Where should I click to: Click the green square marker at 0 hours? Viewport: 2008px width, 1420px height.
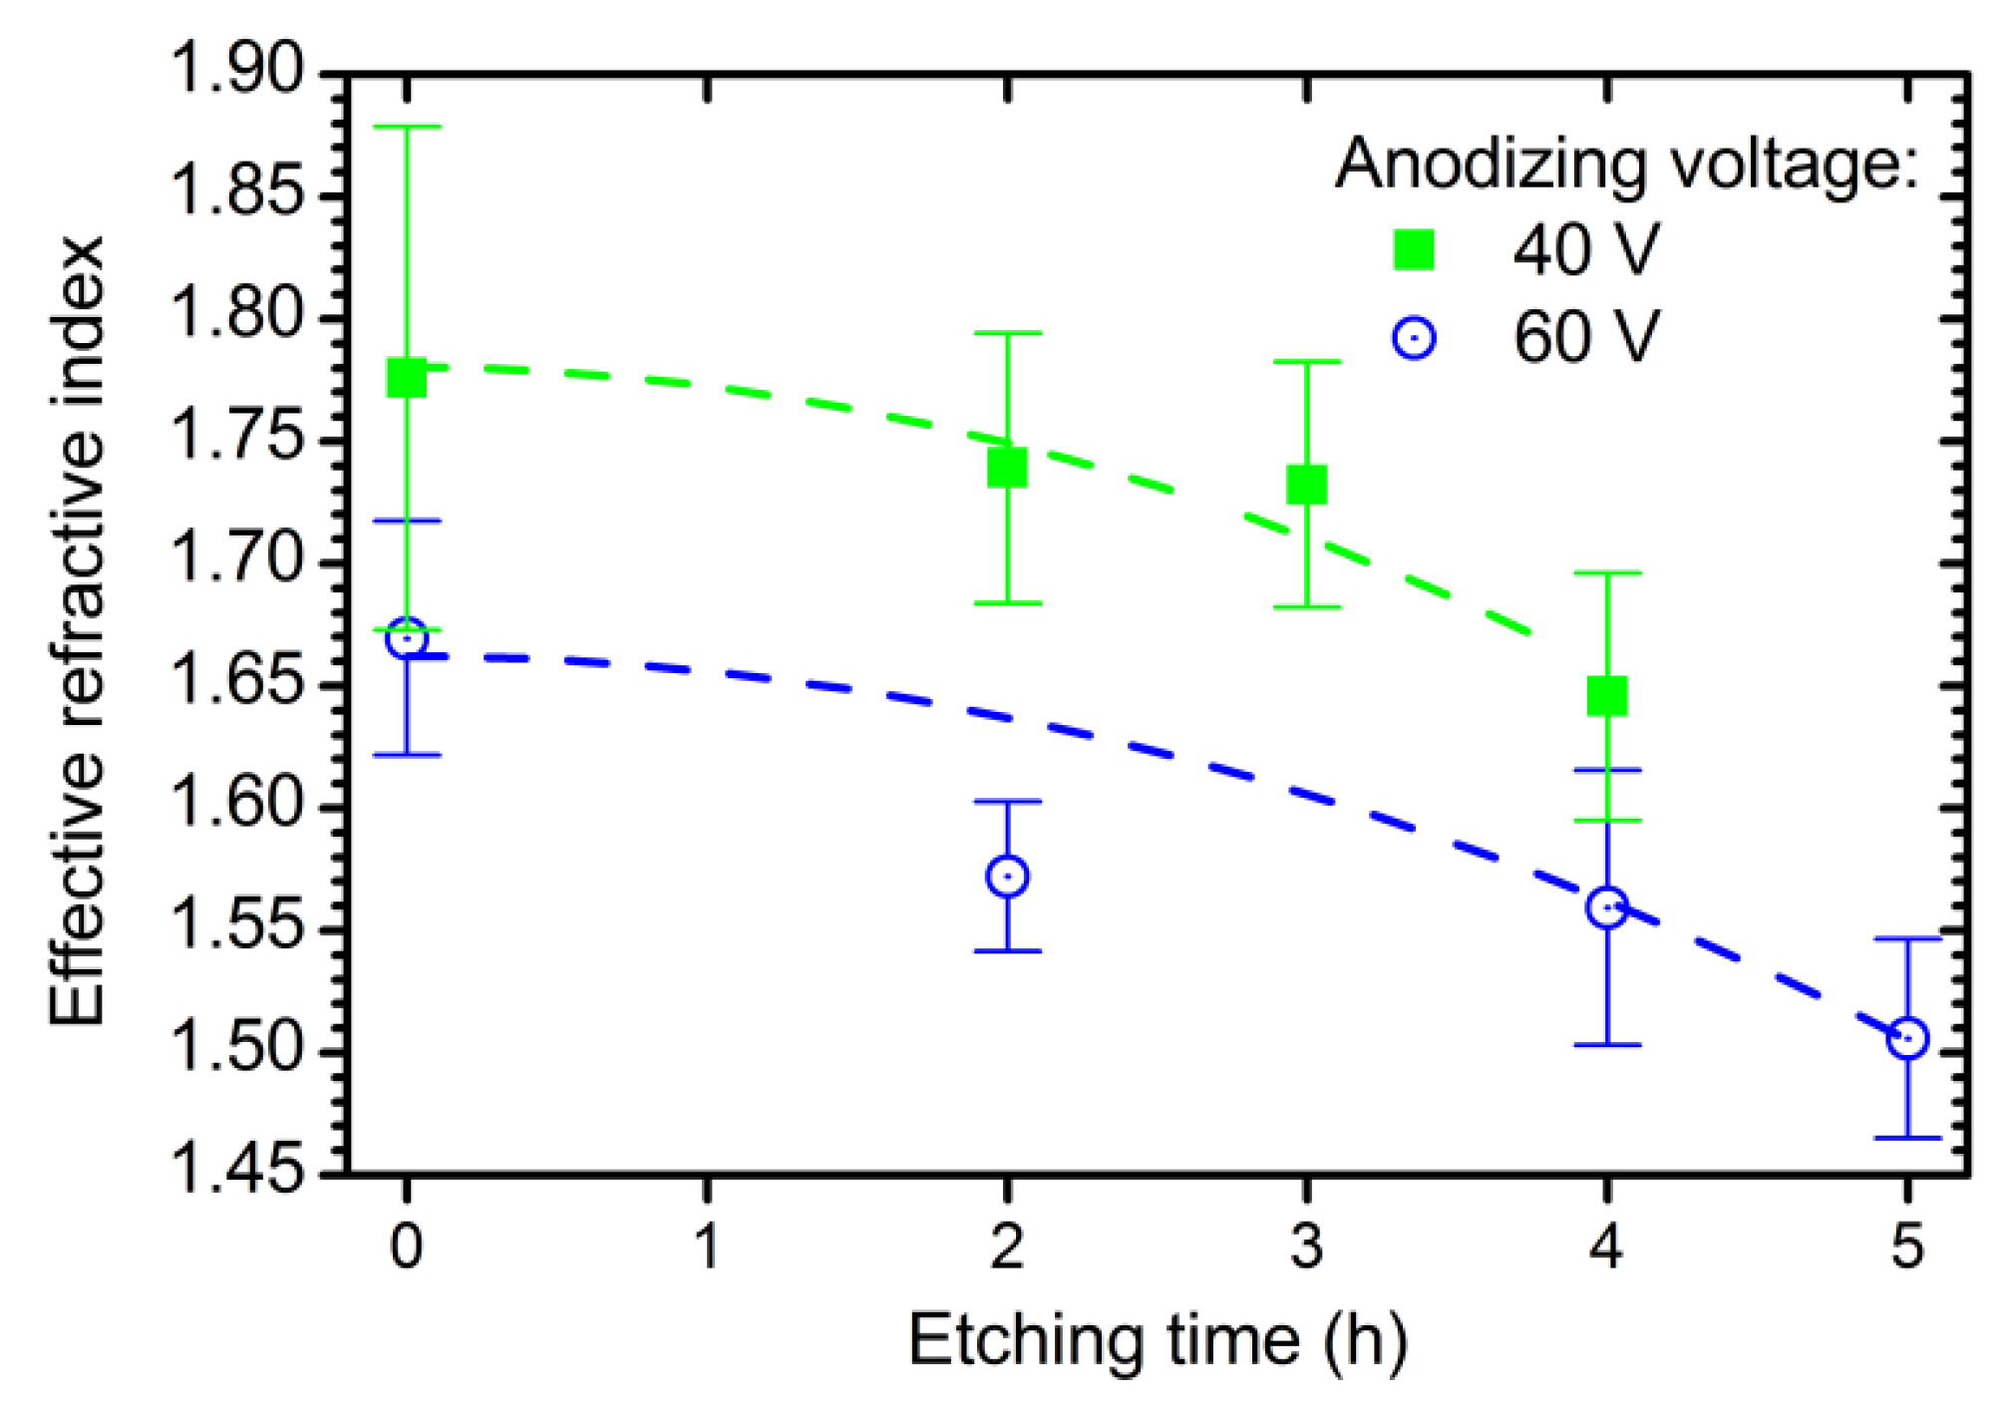[406, 379]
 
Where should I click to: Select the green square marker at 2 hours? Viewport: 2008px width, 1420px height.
[1007, 467]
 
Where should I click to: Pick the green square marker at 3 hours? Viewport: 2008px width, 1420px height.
[1307, 486]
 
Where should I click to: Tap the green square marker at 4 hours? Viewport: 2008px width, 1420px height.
[1606, 696]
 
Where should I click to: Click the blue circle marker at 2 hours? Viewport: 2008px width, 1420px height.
[1007, 877]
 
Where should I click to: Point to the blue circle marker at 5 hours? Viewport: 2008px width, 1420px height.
[1907, 1038]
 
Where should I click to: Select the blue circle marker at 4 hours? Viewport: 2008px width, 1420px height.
[1606, 907]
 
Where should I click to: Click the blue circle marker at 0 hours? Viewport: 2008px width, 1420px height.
[406, 637]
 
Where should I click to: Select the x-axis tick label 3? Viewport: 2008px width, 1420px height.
[1307, 1246]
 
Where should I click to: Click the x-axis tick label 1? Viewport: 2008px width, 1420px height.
[707, 1246]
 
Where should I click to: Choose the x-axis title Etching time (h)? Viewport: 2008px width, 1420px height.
[1157, 1340]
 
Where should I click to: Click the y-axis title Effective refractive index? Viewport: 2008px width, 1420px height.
[78, 630]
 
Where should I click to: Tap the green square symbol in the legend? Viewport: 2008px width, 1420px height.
[1414, 249]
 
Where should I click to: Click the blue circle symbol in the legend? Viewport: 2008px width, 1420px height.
[1414, 338]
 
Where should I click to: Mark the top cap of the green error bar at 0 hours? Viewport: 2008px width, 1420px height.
[406, 128]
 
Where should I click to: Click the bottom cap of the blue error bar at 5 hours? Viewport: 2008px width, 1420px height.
[1907, 1138]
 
